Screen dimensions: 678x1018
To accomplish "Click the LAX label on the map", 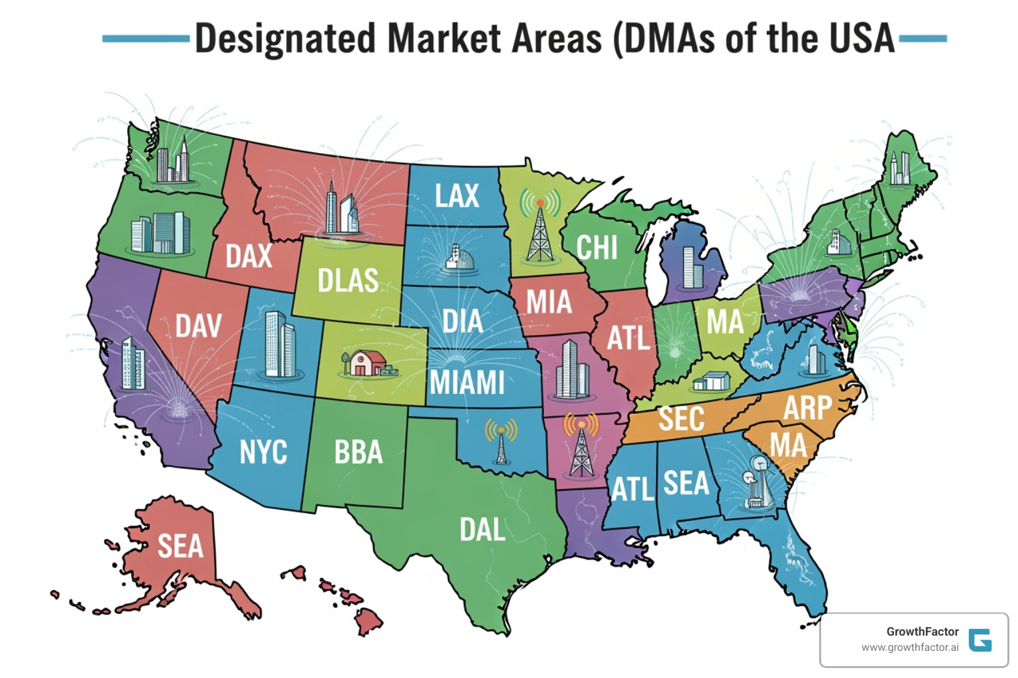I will [457, 196].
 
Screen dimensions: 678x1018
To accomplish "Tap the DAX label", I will [249, 256].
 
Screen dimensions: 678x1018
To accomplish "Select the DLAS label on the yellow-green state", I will [348, 281].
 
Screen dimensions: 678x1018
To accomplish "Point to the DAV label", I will [198, 326].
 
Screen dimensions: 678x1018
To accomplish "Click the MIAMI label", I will [467, 383].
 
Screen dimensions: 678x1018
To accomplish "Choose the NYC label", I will [263, 452].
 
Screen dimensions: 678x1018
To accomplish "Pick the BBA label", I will [359, 453].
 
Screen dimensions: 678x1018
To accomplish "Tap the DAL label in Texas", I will [482, 530].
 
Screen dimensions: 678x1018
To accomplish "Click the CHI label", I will [596, 248].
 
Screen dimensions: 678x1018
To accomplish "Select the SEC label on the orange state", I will [681, 419].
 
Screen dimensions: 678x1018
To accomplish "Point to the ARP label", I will [807, 408].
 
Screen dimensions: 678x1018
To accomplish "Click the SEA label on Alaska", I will [180, 547].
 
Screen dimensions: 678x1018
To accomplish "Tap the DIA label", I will [463, 322].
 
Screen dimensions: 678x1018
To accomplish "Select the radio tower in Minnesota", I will [540, 228].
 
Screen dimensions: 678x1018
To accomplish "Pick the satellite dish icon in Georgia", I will [757, 482].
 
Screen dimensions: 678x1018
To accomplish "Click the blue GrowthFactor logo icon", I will [980, 640].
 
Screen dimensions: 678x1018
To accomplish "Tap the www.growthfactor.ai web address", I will [909, 648].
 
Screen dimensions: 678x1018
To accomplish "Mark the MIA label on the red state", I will [549, 303].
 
